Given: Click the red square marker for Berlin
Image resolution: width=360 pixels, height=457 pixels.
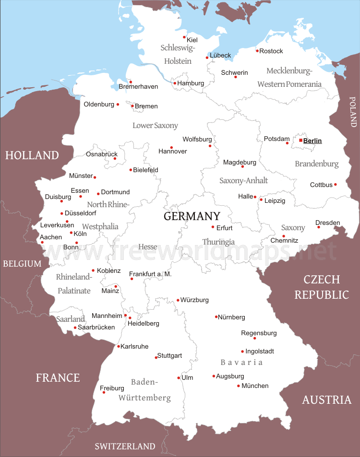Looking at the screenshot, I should point(300,141).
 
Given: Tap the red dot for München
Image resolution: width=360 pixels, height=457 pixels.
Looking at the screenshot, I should point(239,386).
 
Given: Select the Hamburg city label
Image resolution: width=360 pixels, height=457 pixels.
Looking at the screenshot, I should point(191,83).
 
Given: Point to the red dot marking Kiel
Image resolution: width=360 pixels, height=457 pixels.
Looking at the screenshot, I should point(184,37).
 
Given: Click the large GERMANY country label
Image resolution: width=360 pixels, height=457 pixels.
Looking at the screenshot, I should point(192,216).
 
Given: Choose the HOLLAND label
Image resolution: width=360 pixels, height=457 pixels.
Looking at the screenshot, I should point(32,155).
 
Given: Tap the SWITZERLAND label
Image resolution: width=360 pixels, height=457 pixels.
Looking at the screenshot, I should point(125,446).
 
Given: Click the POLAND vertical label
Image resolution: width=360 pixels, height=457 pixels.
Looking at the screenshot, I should point(353,111).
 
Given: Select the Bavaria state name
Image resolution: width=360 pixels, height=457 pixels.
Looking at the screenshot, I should point(241,363).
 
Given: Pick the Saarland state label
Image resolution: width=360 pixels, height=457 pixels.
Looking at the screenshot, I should point(71,319).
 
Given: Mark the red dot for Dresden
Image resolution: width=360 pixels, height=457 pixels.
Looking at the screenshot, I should point(319,227).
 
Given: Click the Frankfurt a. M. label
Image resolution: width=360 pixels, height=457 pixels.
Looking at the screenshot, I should point(150,274).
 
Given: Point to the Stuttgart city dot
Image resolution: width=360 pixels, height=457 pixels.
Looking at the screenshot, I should point(156,357).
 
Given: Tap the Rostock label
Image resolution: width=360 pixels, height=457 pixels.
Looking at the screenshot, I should point(271,51).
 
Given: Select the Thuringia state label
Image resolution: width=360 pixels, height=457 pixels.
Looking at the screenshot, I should point(218,242).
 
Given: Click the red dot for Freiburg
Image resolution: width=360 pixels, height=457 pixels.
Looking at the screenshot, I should point(104,392).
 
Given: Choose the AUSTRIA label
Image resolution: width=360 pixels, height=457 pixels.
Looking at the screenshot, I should point(326,399).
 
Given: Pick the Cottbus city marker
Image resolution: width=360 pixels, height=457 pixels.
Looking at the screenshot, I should point(336,185).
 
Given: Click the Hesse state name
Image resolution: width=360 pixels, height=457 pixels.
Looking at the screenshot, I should point(148,247).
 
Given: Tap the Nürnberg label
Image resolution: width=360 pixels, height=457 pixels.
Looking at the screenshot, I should point(232,317).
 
